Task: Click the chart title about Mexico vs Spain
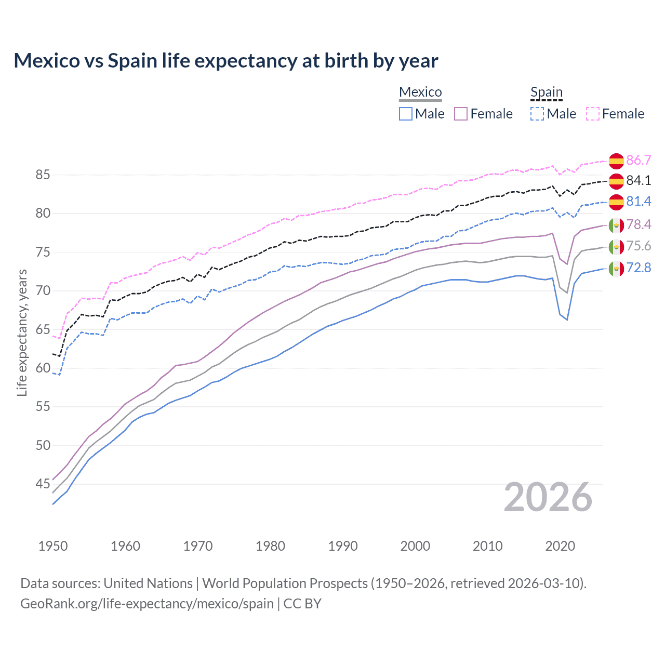click(x=226, y=61)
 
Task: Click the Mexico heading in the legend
click(x=420, y=92)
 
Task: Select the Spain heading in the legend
click(x=546, y=92)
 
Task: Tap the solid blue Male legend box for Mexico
click(x=406, y=114)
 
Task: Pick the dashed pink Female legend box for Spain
click(x=593, y=114)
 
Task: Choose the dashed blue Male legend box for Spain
click(x=537, y=114)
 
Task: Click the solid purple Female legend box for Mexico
click(x=461, y=114)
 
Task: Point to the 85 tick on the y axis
click(x=43, y=175)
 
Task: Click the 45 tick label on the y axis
click(x=43, y=484)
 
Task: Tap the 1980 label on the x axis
click(x=270, y=546)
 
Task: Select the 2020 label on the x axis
click(x=560, y=546)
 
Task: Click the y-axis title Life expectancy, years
click(x=22, y=332)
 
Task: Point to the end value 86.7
click(x=639, y=160)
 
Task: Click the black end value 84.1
click(x=639, y=180)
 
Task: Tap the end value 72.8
click(x=639, y=268)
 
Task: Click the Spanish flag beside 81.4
click(x=616, y=202)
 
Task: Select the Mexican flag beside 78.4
click(x=616, y=225)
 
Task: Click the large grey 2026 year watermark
click(x=548, y=497)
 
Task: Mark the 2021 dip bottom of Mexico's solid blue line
click(x=567, y=320)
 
